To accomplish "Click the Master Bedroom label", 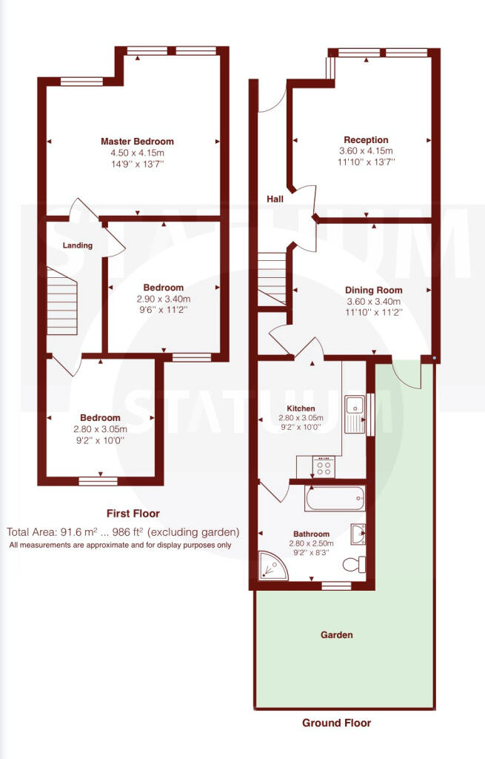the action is point(137,142).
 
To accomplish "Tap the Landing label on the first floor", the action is point(77,245).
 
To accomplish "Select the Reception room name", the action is point(366,140).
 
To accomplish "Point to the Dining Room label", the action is point(373,290).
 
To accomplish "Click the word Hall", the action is point(275,199).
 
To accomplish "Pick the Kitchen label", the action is point(301,408).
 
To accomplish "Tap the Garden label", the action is point(337,634).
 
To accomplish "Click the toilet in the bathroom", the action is point(355,564).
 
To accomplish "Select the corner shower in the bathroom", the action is point(273,566).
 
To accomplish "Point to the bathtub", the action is point(335,498).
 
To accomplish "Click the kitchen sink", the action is point(355,414).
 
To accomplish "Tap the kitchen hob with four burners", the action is point(324,467).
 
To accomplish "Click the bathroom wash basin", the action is point(358,534).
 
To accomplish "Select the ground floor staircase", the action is point(271,279).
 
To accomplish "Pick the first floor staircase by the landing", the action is point(62,301).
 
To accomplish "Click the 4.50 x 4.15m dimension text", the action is point(137,153).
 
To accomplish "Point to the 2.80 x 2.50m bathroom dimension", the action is point(311,543).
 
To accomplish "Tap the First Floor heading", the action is point(133,514).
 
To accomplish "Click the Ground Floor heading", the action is point(337,723).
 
